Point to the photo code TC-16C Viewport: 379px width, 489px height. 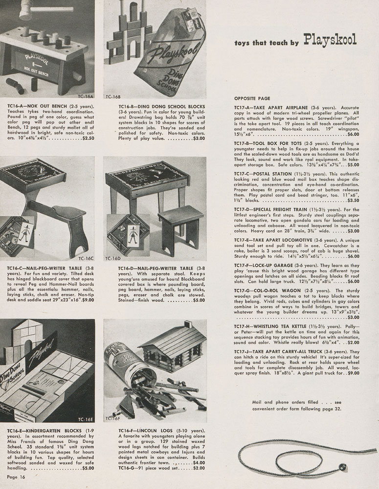coord(86,257)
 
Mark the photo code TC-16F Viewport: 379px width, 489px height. coord(113,418)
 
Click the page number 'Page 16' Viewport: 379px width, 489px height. coord(16,476)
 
